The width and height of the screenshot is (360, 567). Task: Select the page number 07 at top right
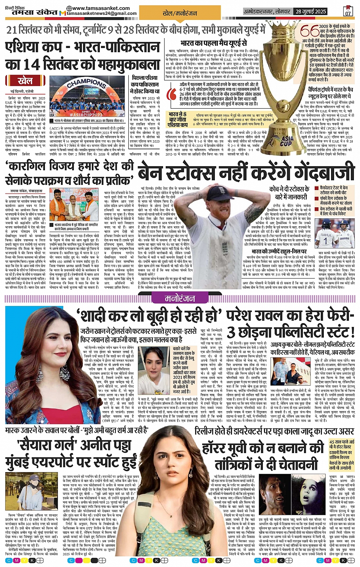(x=347, y=11)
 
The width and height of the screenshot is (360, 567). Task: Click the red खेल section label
(x=25, y=81)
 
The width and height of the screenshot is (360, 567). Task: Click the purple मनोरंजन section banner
(x=180, y=298)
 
